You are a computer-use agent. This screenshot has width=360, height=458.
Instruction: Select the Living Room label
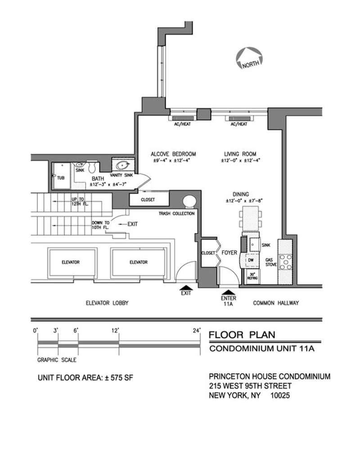pyautogui.click(x=240, y=154)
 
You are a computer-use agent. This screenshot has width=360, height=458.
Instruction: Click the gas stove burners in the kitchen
pyautogui.click(x=285, y=262)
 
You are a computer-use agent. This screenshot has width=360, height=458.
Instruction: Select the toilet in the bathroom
pyautogui.click(x=93, y=167)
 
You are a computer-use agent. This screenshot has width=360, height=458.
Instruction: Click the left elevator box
pyautogui.click(x=71, y=262)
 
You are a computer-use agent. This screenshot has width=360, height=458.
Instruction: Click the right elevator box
pyautogui.click(x=138, y=262)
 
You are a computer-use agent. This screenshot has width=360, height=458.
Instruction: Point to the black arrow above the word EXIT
pyautogui.click(x=186, y=287)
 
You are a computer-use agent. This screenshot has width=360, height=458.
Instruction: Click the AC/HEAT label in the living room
pyautogui.click(x=238, y=124)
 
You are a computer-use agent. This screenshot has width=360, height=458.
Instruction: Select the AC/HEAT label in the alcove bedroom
pyautogui.click(x=182, y=124)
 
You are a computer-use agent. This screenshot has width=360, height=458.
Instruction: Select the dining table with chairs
pyautogui.click(x=248, y=218)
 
